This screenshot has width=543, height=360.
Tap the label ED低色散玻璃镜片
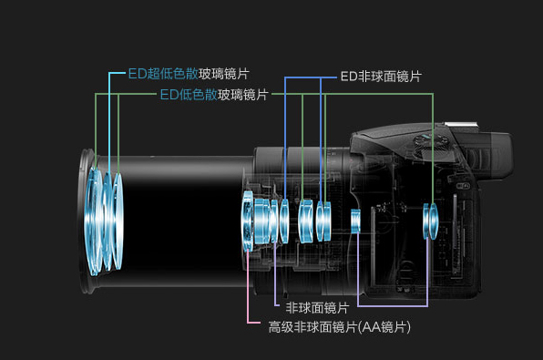[214, 94]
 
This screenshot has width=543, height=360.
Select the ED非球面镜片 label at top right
[380, 77]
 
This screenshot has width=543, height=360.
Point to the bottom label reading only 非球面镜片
[317, 307]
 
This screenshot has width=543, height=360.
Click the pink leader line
[248, 292]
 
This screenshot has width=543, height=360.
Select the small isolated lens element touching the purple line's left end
[356, 219]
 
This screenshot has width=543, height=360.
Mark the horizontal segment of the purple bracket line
[392, 303]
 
